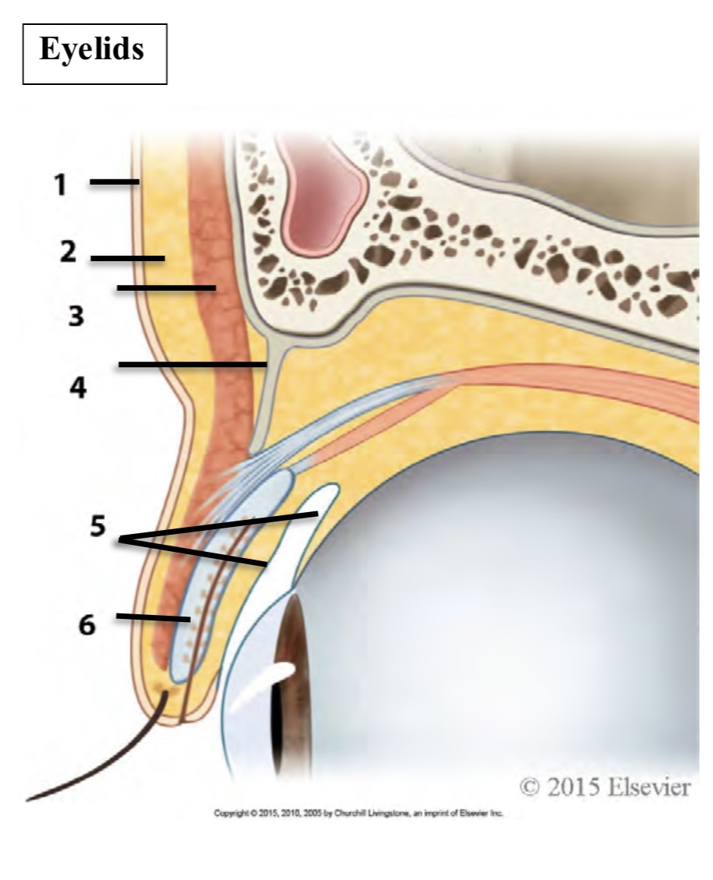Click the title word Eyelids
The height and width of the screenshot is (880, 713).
point(92,50)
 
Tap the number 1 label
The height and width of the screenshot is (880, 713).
point(60,186)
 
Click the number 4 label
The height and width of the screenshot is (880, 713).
point(78,387)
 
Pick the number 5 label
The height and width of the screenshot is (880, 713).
point(97,526)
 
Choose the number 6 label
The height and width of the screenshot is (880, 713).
point(91,624)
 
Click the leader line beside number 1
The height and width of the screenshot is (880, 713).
point(114,182)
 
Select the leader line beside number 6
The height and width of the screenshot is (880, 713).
point(153,617)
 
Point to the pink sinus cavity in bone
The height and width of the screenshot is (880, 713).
point(323,199)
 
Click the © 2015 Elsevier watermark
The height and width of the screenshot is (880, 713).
point(604,787)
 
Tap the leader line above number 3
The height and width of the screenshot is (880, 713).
point(166,288)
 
